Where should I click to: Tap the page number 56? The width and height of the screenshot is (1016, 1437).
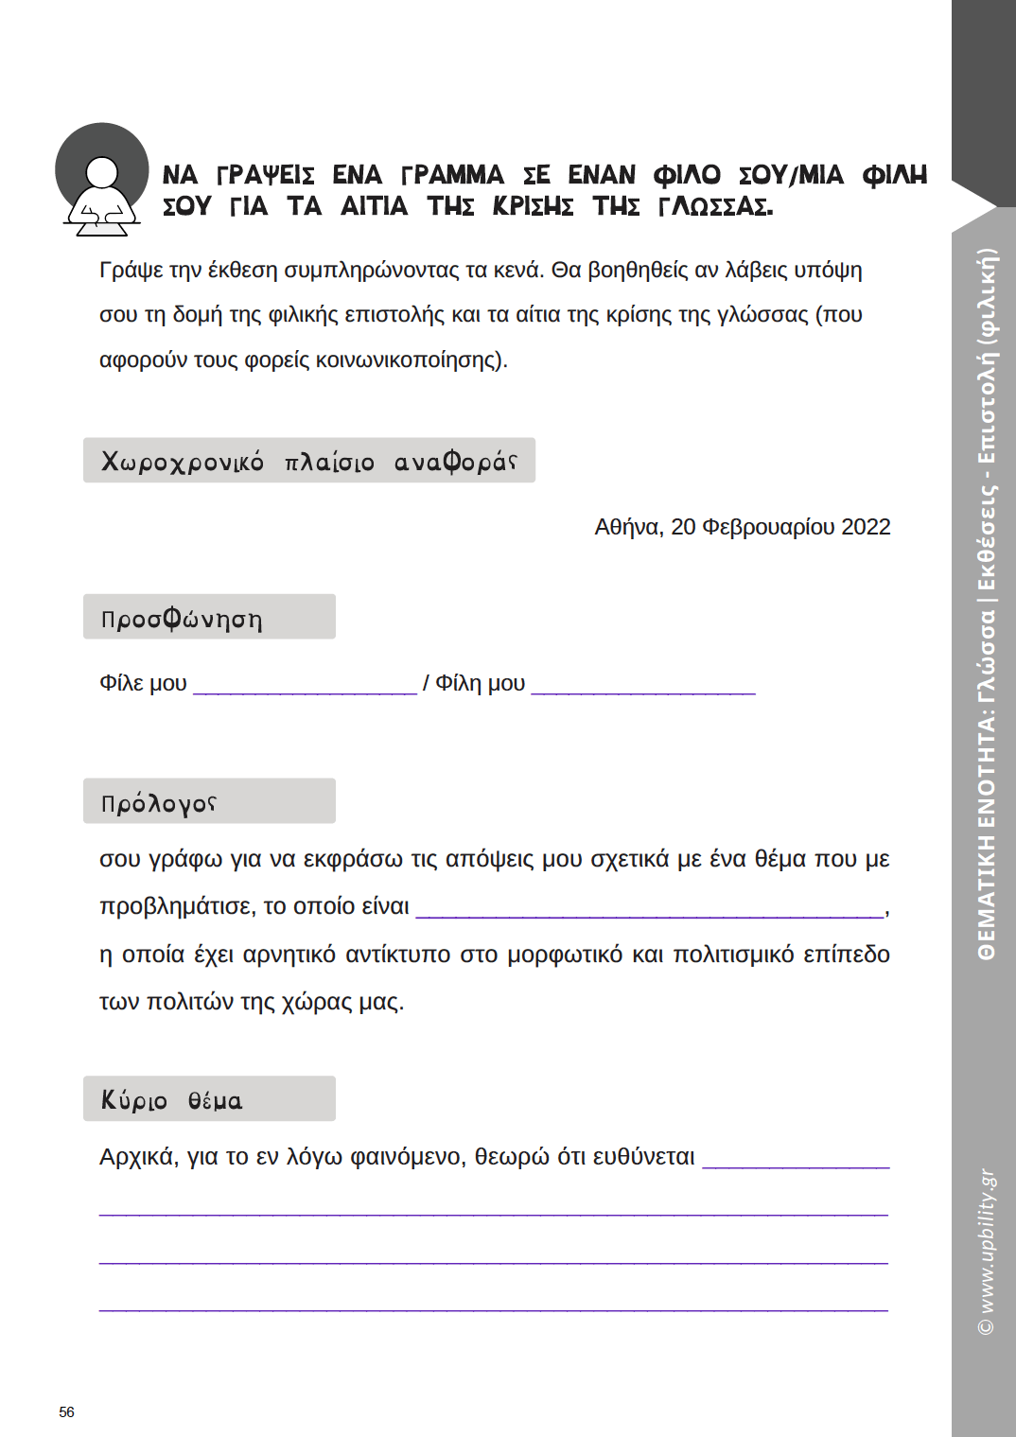pyautogui.click(x=66, y=1411)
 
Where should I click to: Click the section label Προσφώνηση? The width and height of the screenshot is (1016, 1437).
pyautogui.click(x=182, y=619)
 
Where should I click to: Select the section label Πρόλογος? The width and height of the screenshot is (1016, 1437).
pyautogui.click(x=159, y=803)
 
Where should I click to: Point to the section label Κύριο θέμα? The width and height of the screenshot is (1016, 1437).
pyautogui.click(x=171, y=1100)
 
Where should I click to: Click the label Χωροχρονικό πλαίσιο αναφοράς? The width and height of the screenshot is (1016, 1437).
pyautogui.click(x=308, y=462)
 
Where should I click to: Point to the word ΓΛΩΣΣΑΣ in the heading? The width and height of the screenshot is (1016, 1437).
pyautogui.click(x=715, y=206)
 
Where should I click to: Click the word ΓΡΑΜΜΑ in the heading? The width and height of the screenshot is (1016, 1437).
pyautogui.click(x=453, y=175)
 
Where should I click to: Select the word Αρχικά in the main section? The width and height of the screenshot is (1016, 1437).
pyautogui.click(x=138, y=1157)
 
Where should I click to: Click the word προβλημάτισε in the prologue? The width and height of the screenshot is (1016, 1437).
pyautogui.click(x=177, y=906)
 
